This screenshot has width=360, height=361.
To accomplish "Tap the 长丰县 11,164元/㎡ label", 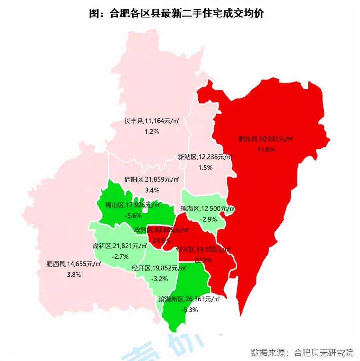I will click(152, 121).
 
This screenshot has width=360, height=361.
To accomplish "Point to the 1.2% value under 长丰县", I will click(152, 132).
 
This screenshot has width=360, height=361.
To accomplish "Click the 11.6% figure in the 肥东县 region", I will click(266, 149).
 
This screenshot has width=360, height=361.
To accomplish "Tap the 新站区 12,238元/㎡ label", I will click(205, 157).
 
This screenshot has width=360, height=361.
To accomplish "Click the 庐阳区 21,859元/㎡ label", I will click(152, 180).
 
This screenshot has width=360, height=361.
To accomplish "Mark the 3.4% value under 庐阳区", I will click(152, 190).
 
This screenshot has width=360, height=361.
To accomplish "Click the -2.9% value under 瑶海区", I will click(208, 219).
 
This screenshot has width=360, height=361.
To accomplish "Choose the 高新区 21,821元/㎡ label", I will click(120, 246).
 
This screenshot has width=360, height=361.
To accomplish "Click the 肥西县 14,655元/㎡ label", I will click(74, 264).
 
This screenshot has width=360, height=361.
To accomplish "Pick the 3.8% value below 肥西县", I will click(74, 275).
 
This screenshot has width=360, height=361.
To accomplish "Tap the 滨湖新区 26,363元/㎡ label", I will click(189, 299).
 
